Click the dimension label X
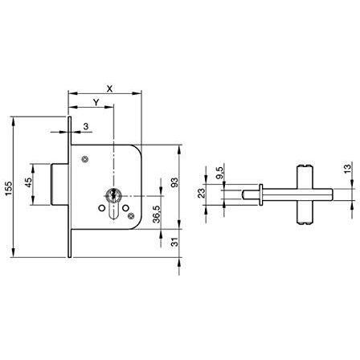click(109, 89)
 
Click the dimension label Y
click(96, 102)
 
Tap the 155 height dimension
click(9, 188)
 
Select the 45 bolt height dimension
click(28, 182)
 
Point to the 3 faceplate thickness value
click(86, 126)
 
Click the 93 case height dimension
click(174, 182)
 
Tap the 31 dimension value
click(174, 242)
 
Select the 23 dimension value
click(201, 193)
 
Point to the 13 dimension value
click(347, 169)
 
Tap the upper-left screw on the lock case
click(84, 159)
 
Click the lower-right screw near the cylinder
click(131, 216)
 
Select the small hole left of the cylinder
click(101, 208)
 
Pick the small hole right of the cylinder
click(125, 208)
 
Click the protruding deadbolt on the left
click(59, 184)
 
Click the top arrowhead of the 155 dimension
click(14, 121)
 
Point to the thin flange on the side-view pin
click(260, 194)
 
